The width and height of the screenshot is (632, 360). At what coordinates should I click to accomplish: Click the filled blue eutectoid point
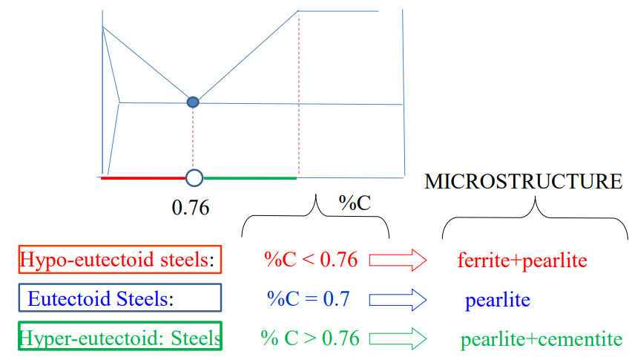click(193, 102)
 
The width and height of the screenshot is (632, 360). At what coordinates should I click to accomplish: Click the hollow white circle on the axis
click(194, 177)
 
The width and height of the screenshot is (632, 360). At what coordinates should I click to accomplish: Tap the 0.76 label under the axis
click(191, 207)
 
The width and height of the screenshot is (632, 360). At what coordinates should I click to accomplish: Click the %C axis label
click(355, 203)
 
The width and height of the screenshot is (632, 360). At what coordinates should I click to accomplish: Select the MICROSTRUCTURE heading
click(523, 182)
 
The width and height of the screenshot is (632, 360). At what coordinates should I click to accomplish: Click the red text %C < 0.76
click(311, 260)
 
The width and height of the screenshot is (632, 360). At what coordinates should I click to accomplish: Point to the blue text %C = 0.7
click(308, 299)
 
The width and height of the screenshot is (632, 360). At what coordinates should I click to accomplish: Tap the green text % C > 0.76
click(310, 338)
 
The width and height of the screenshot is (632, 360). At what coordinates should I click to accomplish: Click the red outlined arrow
click(398, 260)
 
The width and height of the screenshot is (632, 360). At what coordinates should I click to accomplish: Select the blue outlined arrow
click(398, 299)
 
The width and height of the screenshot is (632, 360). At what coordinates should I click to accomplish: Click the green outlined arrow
click(398, 338)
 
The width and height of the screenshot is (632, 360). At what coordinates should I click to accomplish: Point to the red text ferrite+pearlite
click(522, 261)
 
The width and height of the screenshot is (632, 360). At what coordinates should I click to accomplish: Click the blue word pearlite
click(498, 301)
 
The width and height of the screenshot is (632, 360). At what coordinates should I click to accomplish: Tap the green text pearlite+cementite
click(541, 340)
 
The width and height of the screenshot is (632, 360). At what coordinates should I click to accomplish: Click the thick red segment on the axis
click(142, 178)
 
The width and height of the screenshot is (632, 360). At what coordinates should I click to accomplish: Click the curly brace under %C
click(316, 215)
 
